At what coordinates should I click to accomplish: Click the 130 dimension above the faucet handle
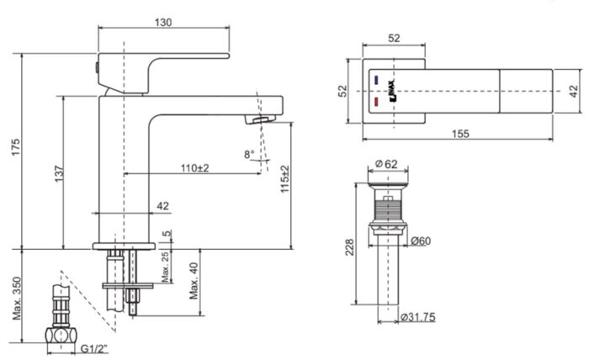click(x=163, y=23)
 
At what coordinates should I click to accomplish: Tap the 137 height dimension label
click(x=58, y=172)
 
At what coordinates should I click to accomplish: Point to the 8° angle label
click(x=248, y=154)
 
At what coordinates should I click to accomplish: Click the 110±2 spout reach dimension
click(x=195, y=168)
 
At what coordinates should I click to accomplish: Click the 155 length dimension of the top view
click(x=459, y=134)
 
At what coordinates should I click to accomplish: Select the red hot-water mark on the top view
click(x=375, y=101)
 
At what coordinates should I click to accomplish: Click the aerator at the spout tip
click(x=261, y=120)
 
